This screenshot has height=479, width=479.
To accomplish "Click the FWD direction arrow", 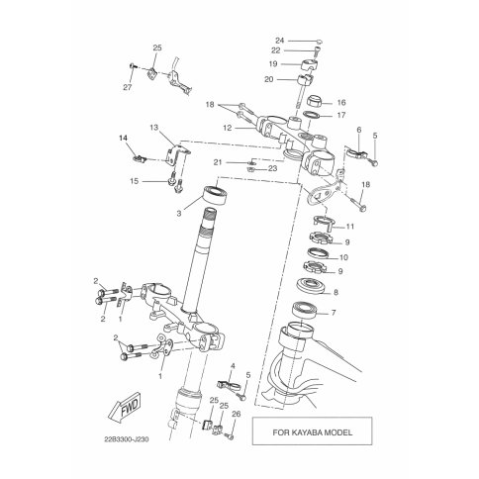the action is point(125,408).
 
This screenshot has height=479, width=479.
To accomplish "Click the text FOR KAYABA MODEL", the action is point(312,432).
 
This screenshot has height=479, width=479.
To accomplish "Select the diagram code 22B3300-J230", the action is point(127,439).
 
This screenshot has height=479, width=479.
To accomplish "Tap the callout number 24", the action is point(279,41).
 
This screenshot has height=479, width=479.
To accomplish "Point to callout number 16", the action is point(341,103).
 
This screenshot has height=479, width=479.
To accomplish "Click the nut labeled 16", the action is point(315,100).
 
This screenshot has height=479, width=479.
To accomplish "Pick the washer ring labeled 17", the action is point(312,115).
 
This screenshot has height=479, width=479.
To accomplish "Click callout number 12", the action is point(228,128).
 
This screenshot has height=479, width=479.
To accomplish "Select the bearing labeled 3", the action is point(216,195).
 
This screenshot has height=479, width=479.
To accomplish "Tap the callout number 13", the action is point(154,128).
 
